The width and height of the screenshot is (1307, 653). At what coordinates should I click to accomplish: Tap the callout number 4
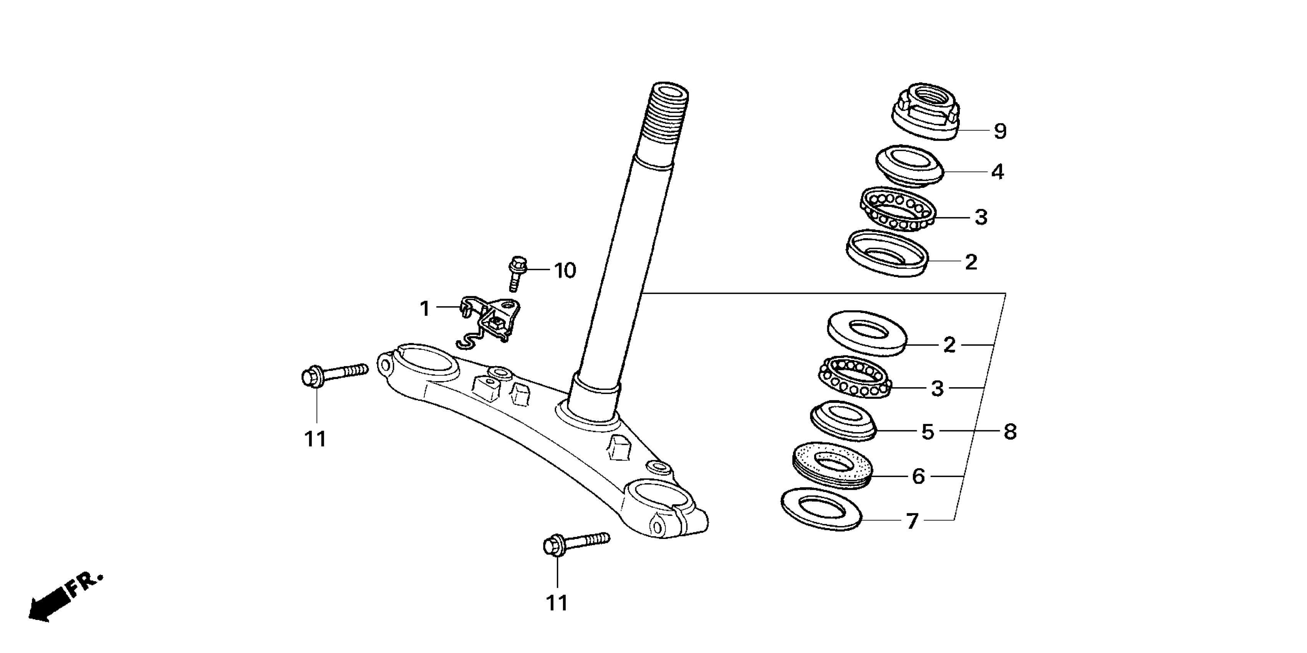click(x=997, y=172)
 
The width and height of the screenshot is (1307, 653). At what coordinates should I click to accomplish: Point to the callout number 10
click(x=565, y=270)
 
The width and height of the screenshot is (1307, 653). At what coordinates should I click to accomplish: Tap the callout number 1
click(x=425, y=308)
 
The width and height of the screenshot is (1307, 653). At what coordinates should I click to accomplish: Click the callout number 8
click(x=1010, y=432)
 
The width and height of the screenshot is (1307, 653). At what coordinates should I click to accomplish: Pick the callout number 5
click(x=928, y=432)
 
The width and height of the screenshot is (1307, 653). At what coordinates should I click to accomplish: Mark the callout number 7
click(x=912, y=521)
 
